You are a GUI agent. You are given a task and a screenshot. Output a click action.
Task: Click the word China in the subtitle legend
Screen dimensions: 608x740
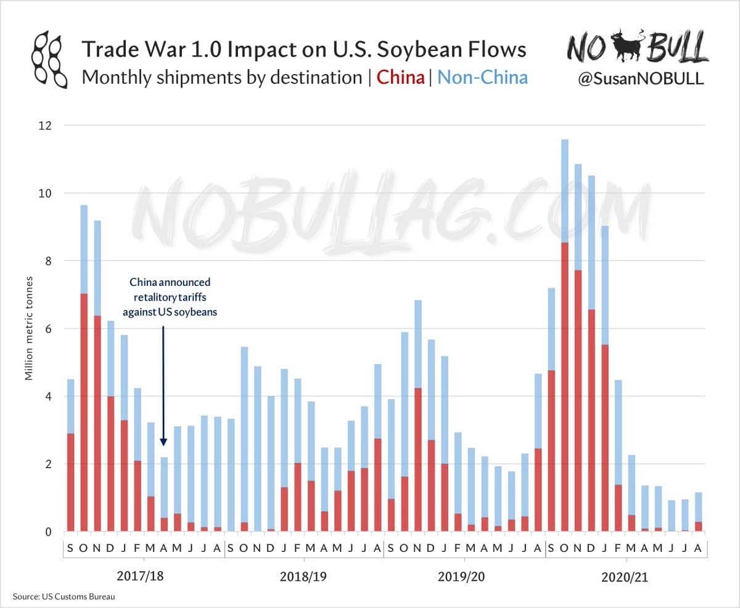400,78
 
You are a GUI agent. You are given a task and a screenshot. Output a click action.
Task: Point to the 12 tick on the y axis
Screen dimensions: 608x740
46,126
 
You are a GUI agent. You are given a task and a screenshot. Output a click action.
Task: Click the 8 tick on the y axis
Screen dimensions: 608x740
49,261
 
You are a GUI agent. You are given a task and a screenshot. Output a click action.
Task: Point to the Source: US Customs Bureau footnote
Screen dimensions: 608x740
64,597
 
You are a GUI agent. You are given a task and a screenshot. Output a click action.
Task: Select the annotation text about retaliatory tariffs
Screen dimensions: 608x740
170,297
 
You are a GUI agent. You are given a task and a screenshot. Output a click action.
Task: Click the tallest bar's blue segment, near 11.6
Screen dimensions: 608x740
565,191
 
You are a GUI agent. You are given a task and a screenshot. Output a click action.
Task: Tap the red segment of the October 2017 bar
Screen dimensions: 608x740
84,413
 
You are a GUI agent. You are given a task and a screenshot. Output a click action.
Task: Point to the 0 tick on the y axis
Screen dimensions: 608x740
49,532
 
